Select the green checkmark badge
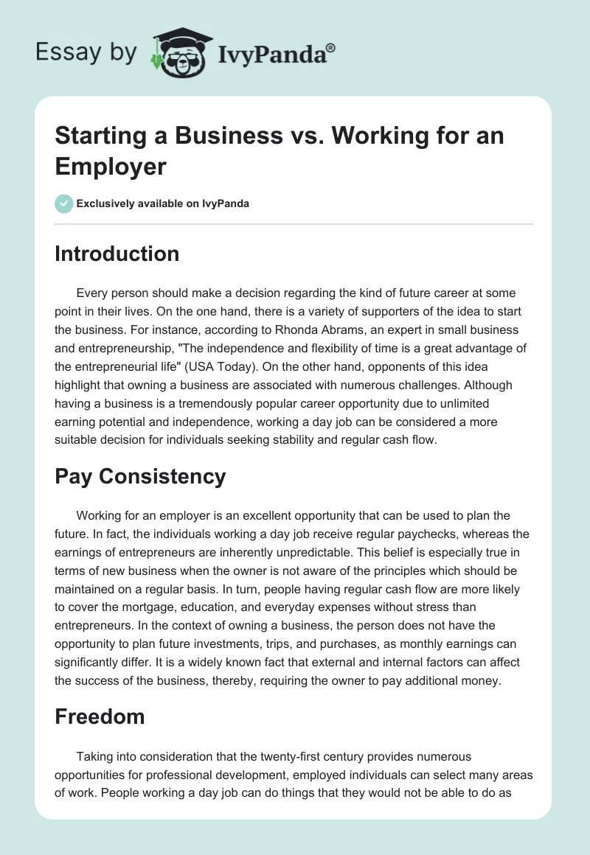(64, 203)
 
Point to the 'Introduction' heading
(117, 254)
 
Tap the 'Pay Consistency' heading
(140, 476)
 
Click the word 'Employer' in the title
(111, 166)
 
